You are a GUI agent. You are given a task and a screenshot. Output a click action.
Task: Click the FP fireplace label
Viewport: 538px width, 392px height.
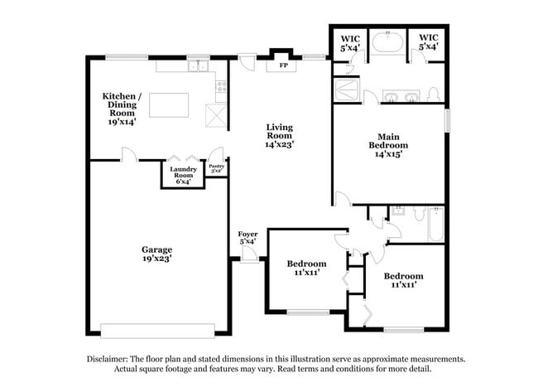pyautogui.click(x=283, y=65)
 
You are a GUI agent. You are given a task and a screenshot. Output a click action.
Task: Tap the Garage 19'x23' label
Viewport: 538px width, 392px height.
pyautogui.click(x=156, y=253)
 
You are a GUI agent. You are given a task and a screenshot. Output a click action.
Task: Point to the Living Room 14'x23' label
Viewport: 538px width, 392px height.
pyautogui.click(x=279, y=137)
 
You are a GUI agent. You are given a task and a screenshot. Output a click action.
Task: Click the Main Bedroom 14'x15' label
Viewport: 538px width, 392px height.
pyautogui.click(x=388, y=145)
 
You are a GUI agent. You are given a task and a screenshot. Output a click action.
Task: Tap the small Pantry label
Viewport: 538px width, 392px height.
pyautogui.click(x=216, y=167)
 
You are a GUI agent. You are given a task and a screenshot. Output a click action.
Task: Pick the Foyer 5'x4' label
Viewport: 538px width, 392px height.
pyautogui.click(x=247, y=238)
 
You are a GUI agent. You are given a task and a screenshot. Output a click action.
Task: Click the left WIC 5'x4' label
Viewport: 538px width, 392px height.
pyautogui.click(x=348, y=42)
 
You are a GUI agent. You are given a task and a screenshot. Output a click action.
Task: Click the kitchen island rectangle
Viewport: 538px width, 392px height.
pyautogui.click(x=169, y=105)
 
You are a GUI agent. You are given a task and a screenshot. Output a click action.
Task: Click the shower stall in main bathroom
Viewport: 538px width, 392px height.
pyautogui.click(x=347, y=90)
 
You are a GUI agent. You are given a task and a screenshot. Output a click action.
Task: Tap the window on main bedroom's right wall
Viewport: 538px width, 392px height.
pyautogui.click(x=447, y=120)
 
